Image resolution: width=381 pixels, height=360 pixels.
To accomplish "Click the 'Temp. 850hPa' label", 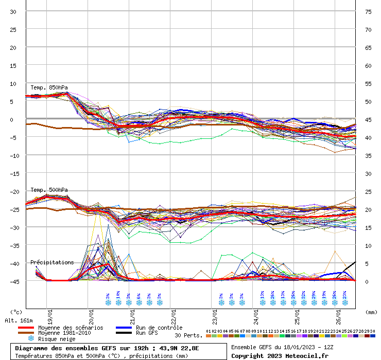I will pyautogui.click(x=49, y=87).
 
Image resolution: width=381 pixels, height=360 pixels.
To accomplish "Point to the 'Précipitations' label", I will pyautogui.click(x=52, y=262).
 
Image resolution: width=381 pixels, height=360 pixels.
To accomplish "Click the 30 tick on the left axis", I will pyautogui.click(x=13, y=11).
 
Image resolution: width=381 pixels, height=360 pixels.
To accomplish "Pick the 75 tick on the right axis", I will pyautogui.click(x=368, y=11).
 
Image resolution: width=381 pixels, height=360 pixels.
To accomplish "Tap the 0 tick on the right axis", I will pyautogui.click(x=367, y=281).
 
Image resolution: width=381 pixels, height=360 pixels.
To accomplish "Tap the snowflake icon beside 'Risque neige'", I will pyautogui.click(x=31, y=339).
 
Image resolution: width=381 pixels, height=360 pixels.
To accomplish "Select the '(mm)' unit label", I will pyautogui.click(x=371, y=312).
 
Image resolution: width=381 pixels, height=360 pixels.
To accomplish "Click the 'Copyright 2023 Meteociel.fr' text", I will pyautogui.click(x=280, y=356).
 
